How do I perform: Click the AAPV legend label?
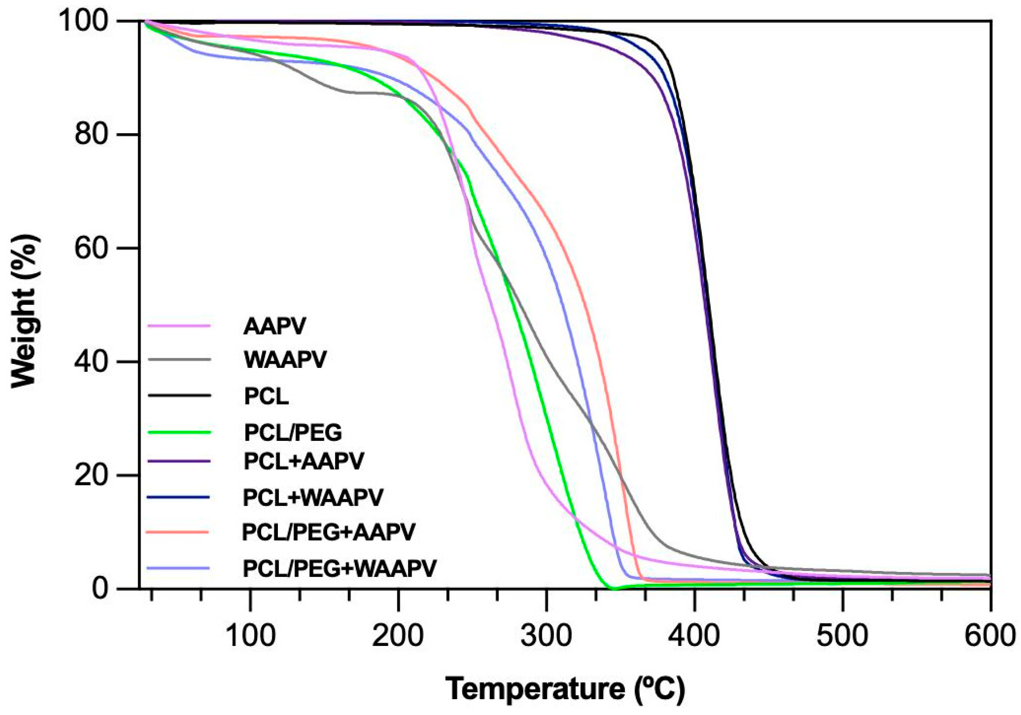(274, 326)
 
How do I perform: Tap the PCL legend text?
(266, 396)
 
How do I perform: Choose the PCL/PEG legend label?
(293, 432)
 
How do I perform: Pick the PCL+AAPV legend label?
(304, 461)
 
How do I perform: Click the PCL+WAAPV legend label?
(313, 498)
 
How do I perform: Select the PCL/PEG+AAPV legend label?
(328, 532)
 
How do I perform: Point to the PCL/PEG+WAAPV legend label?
(340, 568)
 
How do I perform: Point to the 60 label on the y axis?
(91, 248)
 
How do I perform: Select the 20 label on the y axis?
(91, 475)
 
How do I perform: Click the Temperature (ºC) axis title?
(565, 689)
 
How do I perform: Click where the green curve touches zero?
(614, 589)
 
